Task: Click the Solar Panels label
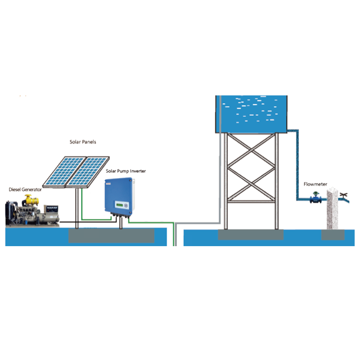pos(82,142)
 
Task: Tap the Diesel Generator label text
pos(25,190)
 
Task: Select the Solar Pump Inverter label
pos(126,171)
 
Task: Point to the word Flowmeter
pos(315,184)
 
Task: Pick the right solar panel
pos(88,171)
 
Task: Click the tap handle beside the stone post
pos(344,196)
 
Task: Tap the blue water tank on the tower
pos(250,112)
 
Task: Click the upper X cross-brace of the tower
pos(251,151)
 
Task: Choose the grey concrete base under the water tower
pos(251,235)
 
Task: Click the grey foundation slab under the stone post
pos(333,235)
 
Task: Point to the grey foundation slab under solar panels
pos(111,235)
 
